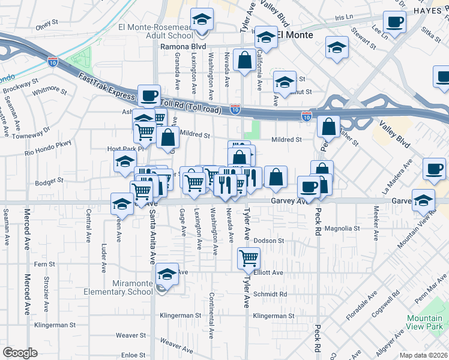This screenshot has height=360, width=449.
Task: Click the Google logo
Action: [20, 353]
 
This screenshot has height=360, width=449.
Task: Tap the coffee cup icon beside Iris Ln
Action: [395, 23]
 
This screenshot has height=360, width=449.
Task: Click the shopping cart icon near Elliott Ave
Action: [249, 259]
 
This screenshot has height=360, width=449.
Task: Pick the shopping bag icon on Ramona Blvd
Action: [244, 61]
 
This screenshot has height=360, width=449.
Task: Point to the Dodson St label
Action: [268, 241]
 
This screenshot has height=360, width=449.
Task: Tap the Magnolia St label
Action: [342, 229]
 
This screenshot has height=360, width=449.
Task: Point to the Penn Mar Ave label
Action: [428, 294]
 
